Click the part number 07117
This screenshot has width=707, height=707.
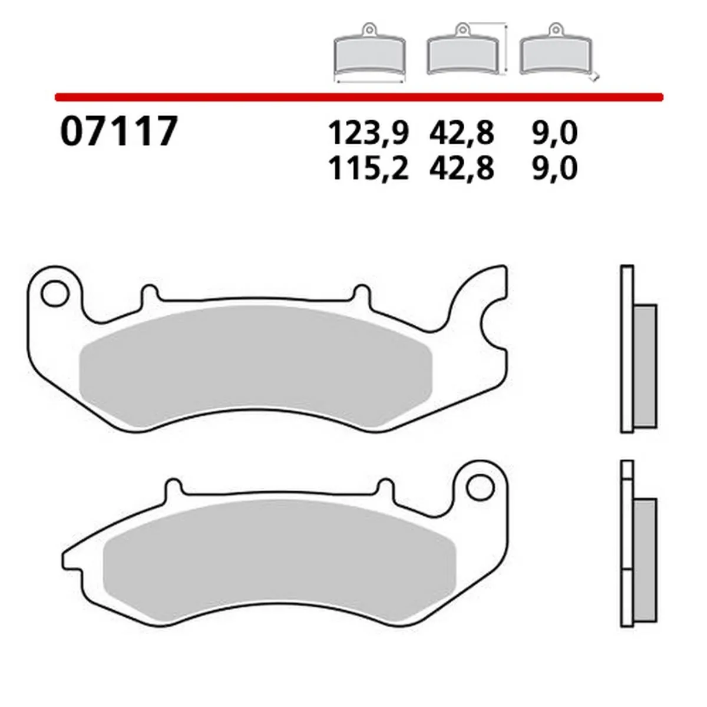118,131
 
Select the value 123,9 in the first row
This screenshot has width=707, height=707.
368,134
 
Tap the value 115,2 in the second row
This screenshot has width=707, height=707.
368,169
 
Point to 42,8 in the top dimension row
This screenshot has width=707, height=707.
461,134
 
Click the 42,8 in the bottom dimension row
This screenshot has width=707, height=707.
461,169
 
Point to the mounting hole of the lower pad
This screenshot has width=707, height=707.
478,487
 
